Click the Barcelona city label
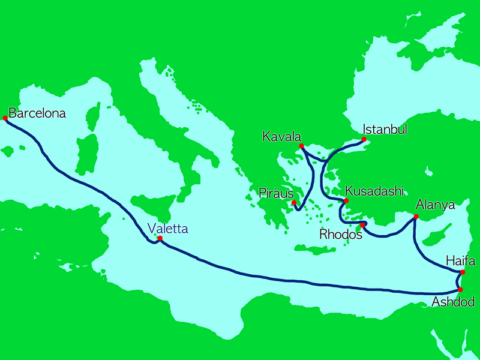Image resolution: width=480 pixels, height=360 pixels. pos(37,113)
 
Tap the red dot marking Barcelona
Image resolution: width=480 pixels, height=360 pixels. pos(5,118)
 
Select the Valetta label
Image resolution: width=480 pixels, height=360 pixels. pos(168,228)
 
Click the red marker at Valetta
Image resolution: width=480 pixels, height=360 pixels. pos(160,238)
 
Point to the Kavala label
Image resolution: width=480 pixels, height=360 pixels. pos(281,137)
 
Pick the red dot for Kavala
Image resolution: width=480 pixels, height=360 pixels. pos(301,146)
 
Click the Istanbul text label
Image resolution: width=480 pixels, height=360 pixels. pos(386,130)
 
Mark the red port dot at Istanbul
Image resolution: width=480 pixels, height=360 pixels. pos(364,139)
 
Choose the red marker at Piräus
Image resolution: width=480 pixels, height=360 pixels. pos(294,203)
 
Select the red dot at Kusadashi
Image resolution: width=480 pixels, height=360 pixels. pos(346,200)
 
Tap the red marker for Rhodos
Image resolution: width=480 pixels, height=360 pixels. pos(362,226)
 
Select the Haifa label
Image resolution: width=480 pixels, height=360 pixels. pos(461,262)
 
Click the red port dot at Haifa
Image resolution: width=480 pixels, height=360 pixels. pos(462,272)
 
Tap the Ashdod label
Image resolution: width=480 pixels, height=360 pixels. pos(453,301)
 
